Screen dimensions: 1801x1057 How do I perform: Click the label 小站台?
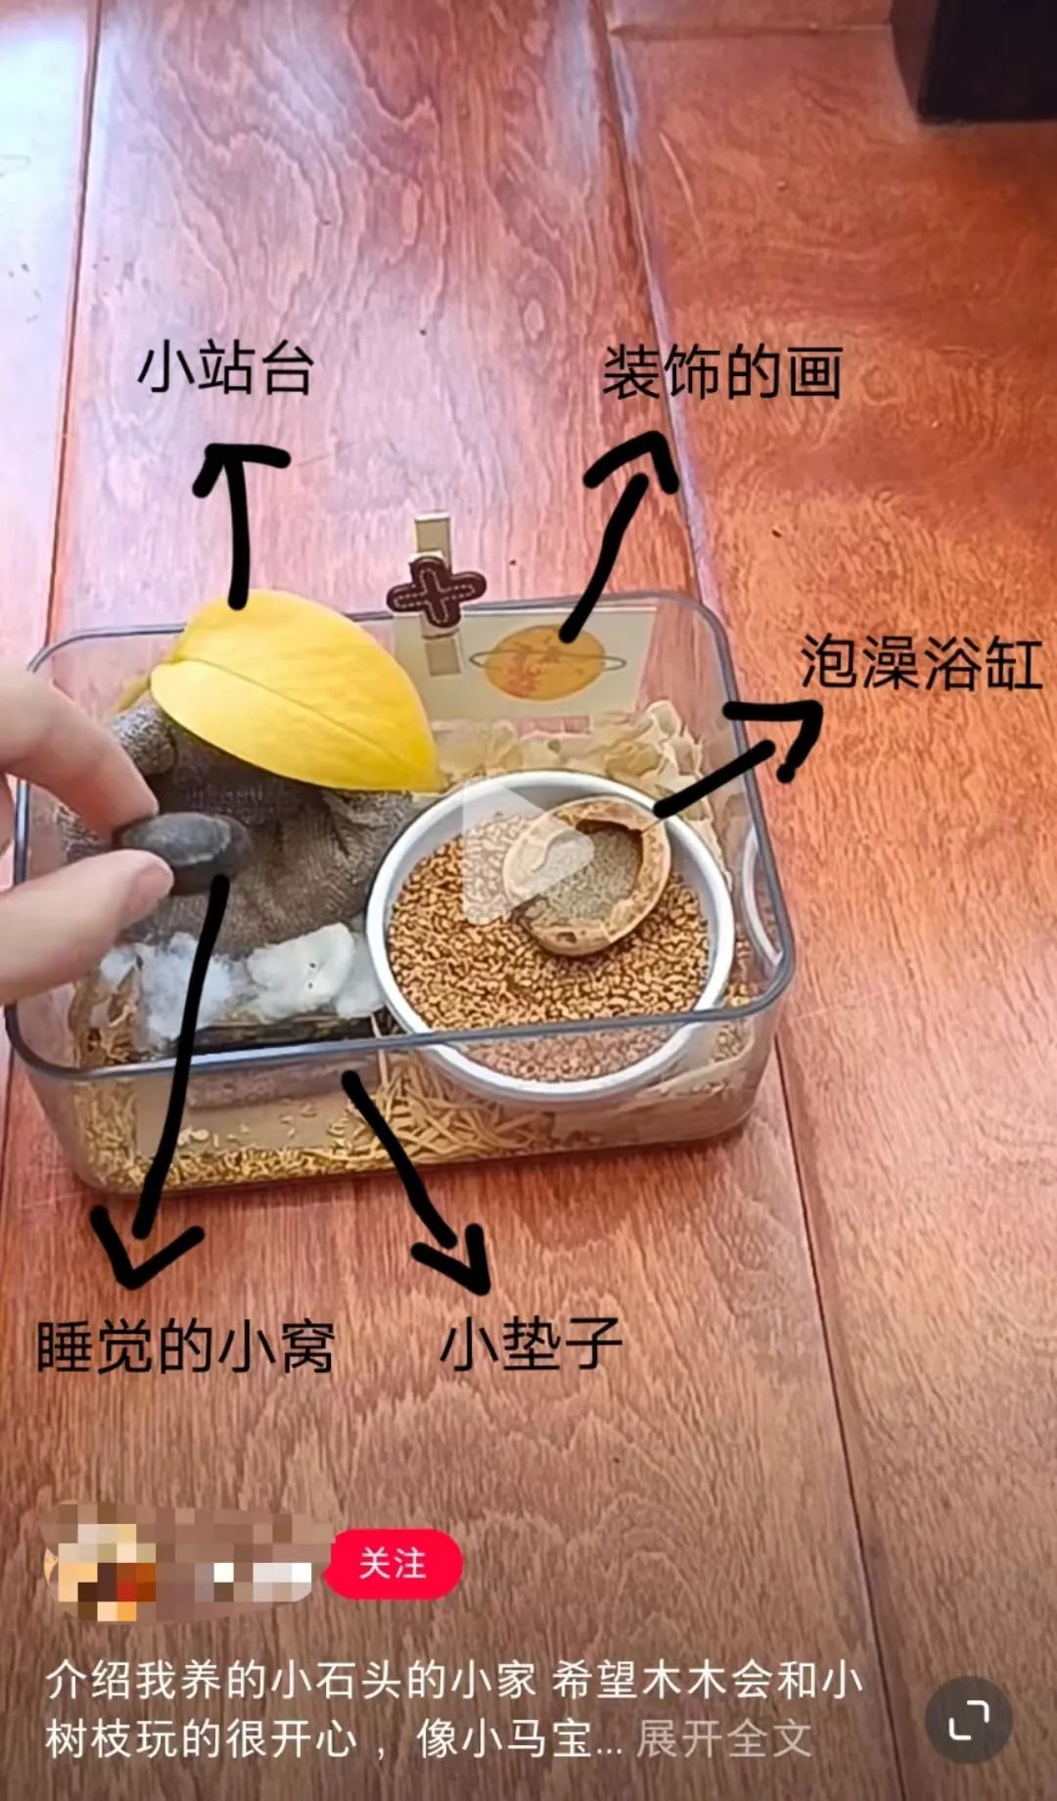tap(225, 369)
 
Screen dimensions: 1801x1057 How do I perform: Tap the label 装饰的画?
tap(722, 373)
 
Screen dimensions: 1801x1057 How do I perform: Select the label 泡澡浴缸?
tap(920, 663)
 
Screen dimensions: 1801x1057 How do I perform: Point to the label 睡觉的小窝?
tap(186, 1347)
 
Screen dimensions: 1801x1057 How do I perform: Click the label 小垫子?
tap(530, 1344)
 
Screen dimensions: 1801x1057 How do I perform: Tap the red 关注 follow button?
tap(392, 1564)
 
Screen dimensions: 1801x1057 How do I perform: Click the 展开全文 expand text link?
tap(724, 1739)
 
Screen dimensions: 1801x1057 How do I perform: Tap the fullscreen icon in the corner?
tap(968, 1721)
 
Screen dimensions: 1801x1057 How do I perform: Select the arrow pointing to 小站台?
tap(237, 519)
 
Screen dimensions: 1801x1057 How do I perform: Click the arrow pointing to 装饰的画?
tap(617, 529)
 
